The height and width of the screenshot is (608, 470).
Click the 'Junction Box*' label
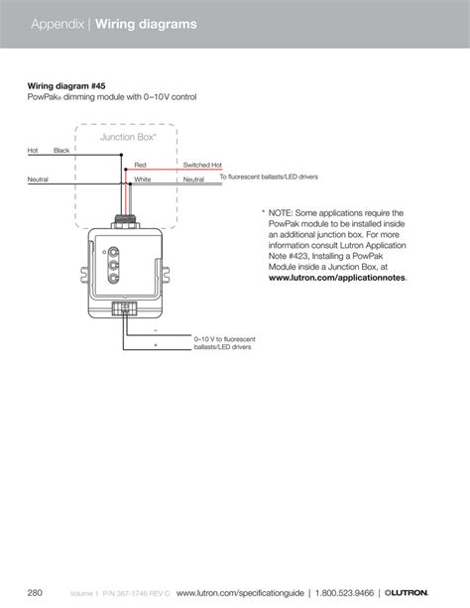[124, 137]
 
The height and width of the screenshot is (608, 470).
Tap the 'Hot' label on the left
[33, 150]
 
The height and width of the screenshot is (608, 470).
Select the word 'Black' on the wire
[61, 150]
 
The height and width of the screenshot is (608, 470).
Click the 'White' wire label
[143, 180]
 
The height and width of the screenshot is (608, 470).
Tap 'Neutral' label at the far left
[39, 180]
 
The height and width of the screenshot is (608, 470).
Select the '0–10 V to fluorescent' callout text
[227, 338]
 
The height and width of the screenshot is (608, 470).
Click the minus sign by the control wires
[156, 330]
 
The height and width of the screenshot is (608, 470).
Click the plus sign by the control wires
[156, 345]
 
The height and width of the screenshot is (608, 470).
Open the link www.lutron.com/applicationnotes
[336, 280]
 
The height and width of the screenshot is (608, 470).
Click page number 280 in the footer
[36, 593]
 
